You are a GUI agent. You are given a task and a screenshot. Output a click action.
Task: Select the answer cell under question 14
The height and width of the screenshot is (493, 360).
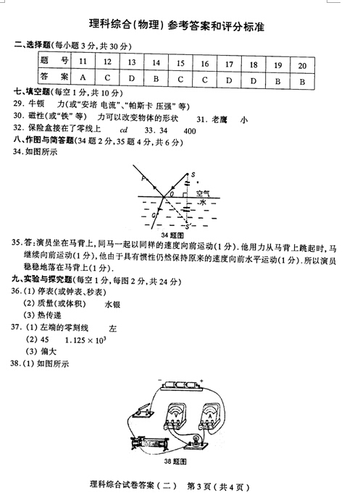click(x=156, y=77)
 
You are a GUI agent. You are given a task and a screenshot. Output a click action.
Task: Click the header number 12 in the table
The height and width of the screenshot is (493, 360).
click(x=107, y=63)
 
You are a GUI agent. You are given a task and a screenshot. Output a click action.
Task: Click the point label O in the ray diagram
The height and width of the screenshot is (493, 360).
click(x=172, y=194)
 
